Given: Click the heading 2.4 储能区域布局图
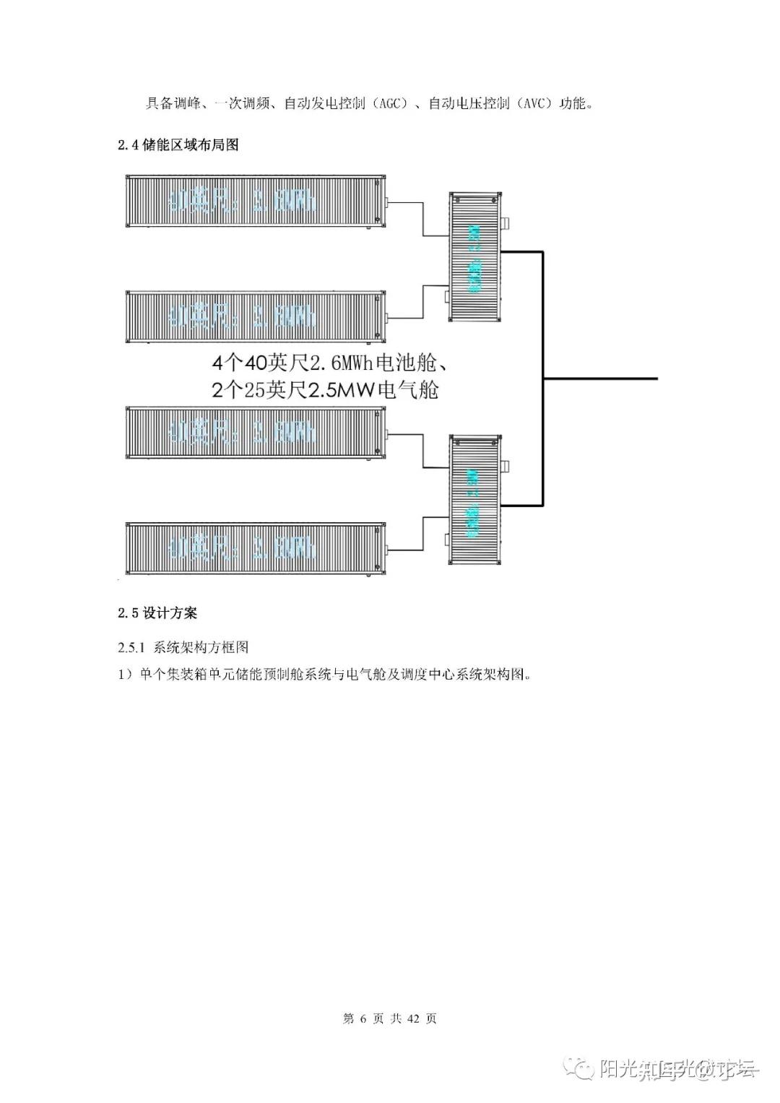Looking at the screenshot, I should (178, 145).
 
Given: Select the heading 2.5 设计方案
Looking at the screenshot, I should (157, 613).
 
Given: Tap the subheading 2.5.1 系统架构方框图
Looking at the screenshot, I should (183, 647).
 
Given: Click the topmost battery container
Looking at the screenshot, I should (253, 202).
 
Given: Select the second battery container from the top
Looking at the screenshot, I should (253, 316).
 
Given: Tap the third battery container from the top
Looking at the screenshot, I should (253, 433).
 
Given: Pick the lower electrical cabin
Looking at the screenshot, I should (474, 499).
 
